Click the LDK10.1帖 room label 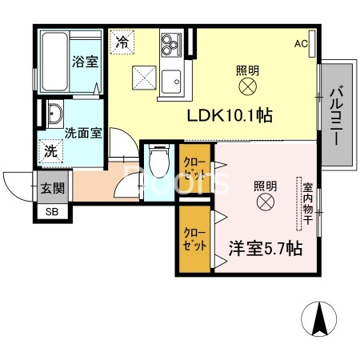point(230,115)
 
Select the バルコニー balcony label point(335,115)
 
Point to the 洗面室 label point(82,133)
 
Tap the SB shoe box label point(51,212)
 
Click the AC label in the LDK point(300,43)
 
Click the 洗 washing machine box point(50,150)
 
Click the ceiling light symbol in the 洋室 point(265,204)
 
